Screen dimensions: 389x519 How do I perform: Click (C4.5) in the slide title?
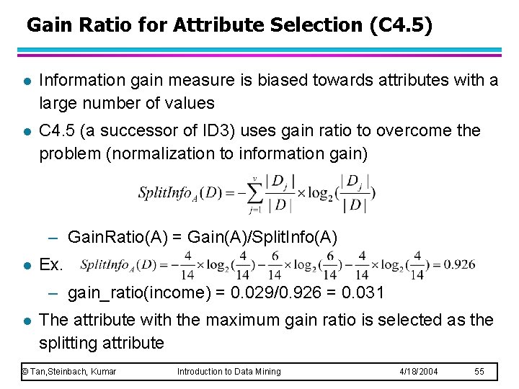point(401,26)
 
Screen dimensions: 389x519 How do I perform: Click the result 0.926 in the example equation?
point(459,264)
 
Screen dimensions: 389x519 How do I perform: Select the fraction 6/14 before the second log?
point(242,264)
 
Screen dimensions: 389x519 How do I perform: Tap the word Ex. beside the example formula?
point(52,264)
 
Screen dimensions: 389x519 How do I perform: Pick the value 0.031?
point(365,292)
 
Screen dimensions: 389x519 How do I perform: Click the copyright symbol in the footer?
point(25,372)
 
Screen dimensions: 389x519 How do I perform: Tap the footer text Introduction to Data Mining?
point(229,372)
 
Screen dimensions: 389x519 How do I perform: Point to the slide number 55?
point(479,372)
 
